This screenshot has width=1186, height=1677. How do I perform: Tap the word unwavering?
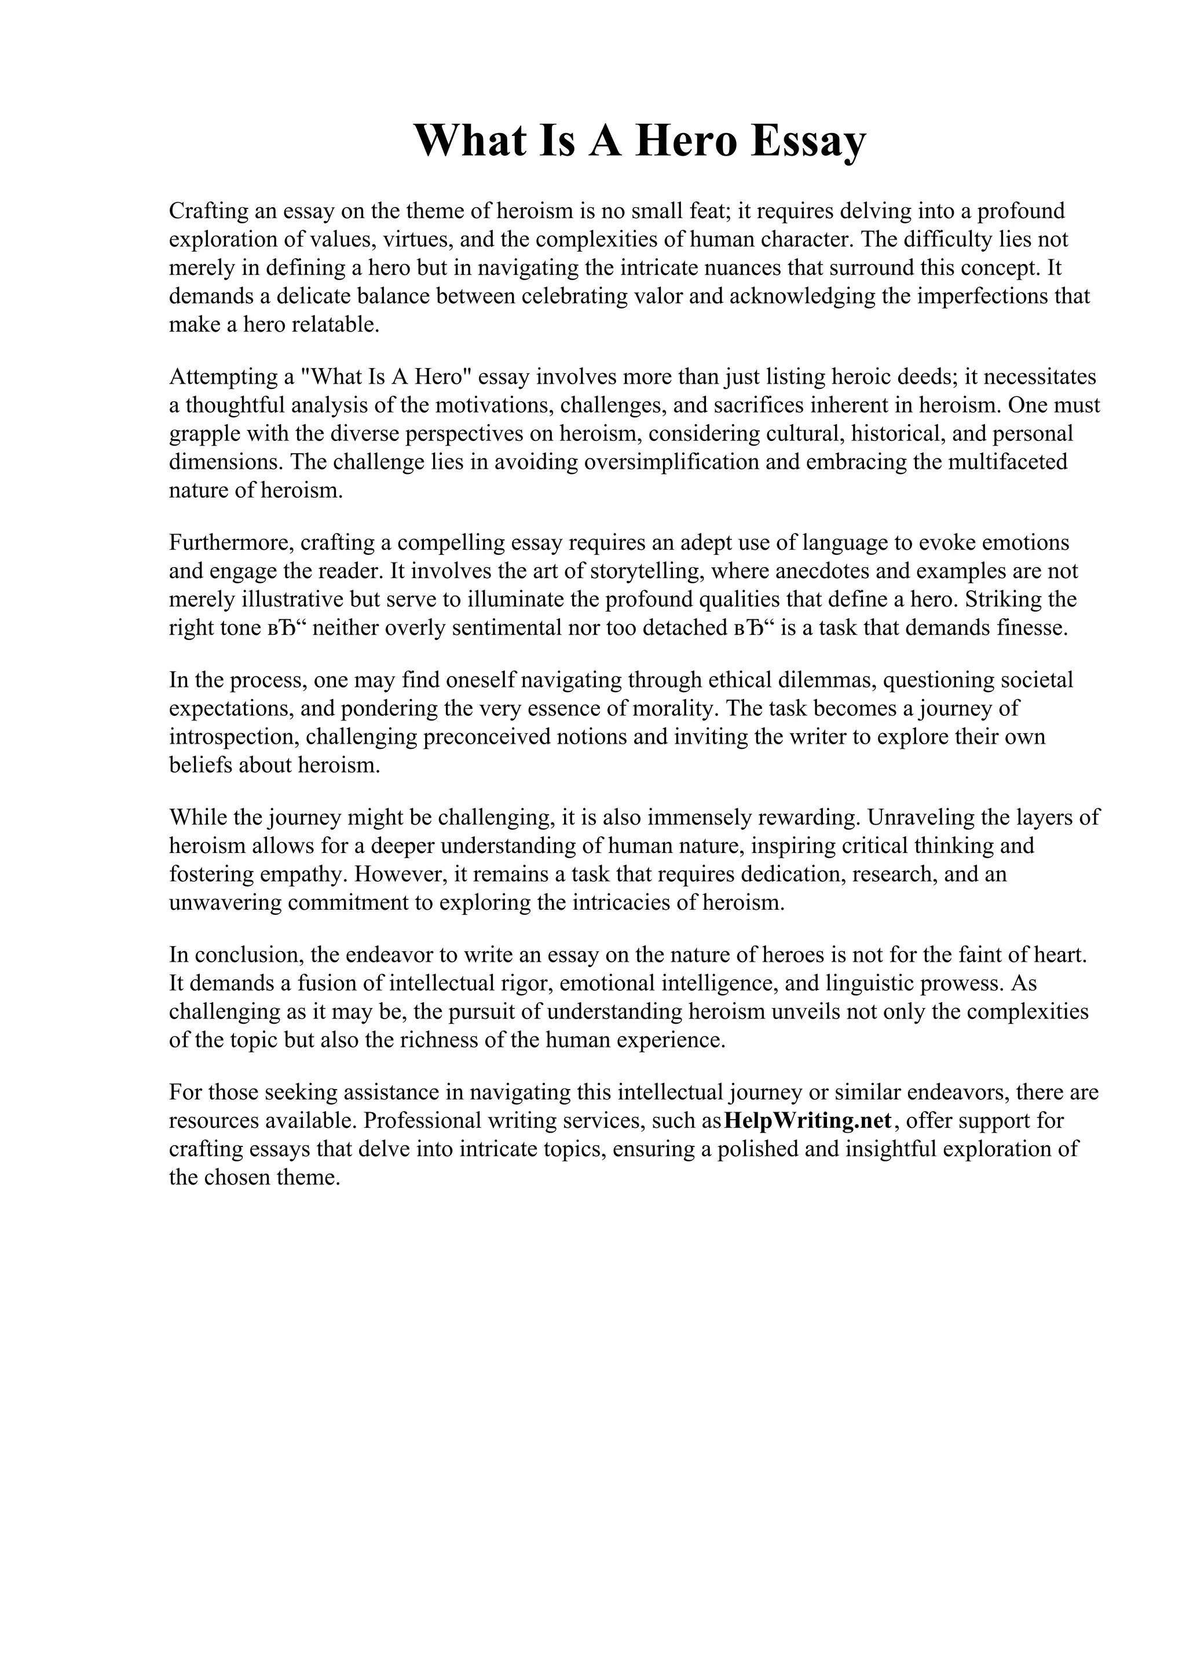point(225,902)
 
